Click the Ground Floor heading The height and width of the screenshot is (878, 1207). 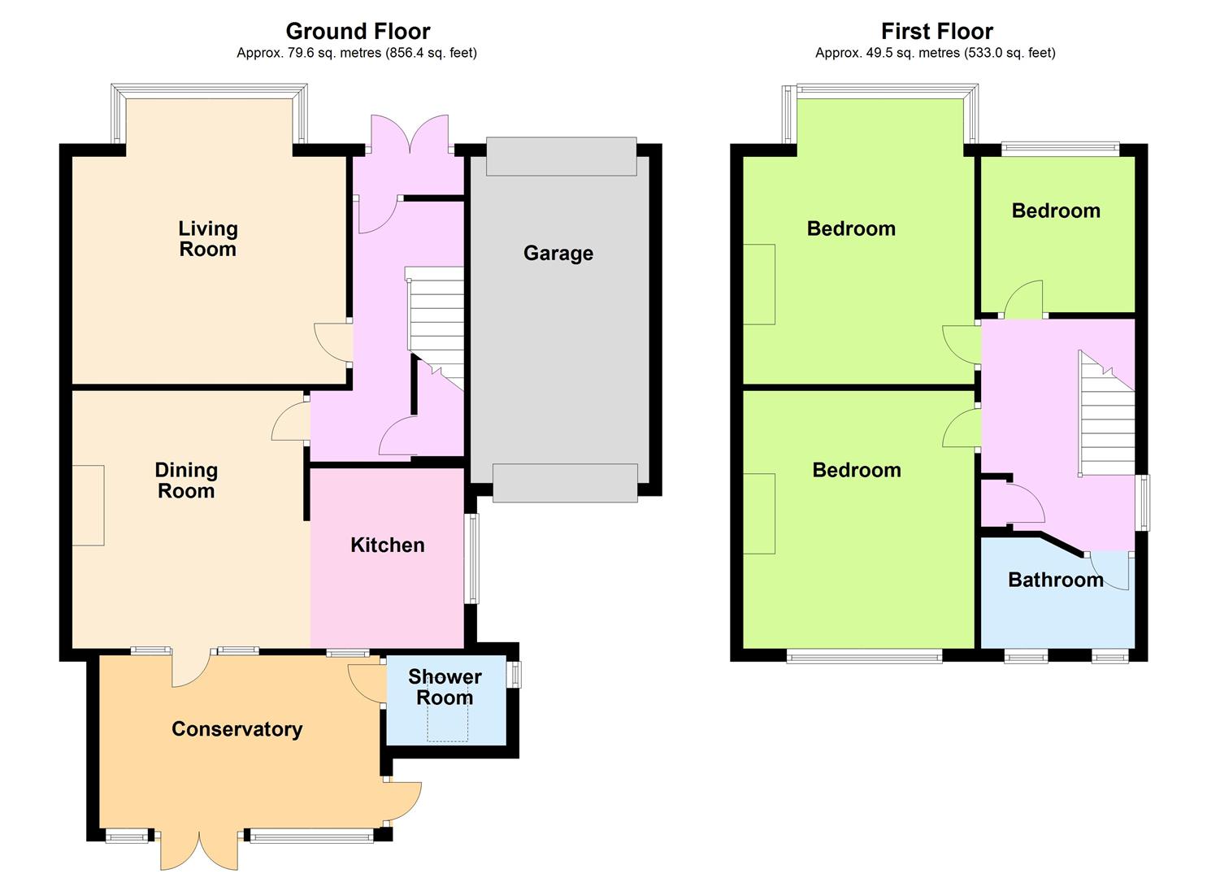point(358,31)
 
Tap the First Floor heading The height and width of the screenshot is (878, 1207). point(937,31)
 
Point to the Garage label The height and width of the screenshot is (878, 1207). point(558,254)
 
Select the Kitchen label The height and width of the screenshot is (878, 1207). point(388,545)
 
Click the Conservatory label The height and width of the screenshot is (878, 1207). point(237,728)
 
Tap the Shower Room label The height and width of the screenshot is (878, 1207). point(445,687)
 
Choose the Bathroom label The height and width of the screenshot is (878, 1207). point(1056,580)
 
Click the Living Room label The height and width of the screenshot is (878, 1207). point(208,239)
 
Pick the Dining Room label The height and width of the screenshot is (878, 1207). point(186,480)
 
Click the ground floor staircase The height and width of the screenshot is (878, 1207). point(435,327)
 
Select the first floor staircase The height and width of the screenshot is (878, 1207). point(1106,414)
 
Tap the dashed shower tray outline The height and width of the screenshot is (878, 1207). point(448,720)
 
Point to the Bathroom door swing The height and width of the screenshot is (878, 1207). point(1111,571)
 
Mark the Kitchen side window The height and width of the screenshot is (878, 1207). point(472,559)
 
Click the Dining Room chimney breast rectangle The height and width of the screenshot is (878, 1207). point(89,506)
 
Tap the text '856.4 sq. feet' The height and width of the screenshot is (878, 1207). point(430,53)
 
